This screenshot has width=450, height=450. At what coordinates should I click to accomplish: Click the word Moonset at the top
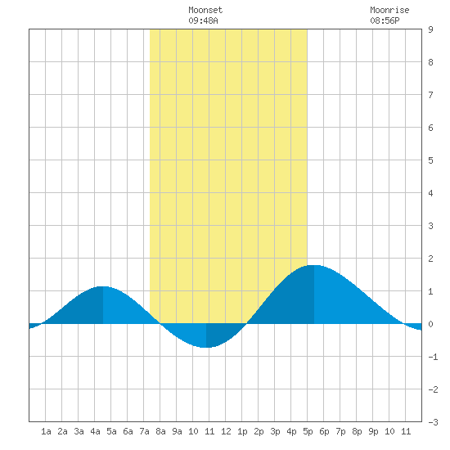[x=205, y=10]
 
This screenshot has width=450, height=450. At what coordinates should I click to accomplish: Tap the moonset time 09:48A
[x=203, y=20]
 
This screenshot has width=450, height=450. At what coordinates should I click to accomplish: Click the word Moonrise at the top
[x=389, y=10]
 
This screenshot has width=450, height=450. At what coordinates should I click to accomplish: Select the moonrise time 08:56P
[x=385, y=20]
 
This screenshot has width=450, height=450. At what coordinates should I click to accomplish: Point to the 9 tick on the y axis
[x=430, y=29]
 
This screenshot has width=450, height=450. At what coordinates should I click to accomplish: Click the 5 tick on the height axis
[x=430, y=160]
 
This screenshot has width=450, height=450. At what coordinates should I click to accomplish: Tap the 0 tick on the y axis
[x=430, y=324]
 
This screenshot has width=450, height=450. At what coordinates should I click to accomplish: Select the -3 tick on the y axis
[x=433, y=422]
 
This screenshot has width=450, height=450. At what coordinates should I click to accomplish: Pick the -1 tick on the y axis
[x=433, y=357]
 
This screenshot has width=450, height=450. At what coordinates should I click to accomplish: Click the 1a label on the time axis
[x=46, y=431]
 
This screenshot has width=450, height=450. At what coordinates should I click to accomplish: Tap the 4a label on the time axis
[x=95, y=431]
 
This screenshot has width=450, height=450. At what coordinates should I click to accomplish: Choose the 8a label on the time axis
[x=160, y=431]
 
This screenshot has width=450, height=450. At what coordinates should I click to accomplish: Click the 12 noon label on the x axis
[x=226, y=431]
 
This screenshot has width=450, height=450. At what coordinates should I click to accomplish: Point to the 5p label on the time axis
[x=308, y=431]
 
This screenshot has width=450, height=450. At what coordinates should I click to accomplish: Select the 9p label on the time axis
[x=373, y=431]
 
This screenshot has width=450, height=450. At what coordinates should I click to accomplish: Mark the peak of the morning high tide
[x=103, y=286]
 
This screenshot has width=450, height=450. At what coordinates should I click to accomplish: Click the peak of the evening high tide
[x=314, y=265]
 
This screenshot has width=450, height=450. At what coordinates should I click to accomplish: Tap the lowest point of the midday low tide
[x=206, y=348]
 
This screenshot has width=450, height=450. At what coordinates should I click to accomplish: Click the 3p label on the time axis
[x=275, y=431]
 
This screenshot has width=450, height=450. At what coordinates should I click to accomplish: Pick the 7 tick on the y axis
[x=430, y=95]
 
